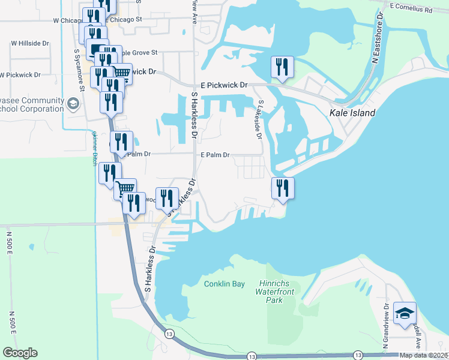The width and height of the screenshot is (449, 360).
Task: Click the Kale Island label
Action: click(352, 113)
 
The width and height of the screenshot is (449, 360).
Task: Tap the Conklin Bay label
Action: click(224, 284)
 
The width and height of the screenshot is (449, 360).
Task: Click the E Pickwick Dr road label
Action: click(224, 86)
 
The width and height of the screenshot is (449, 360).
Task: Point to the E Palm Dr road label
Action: click(215, 155)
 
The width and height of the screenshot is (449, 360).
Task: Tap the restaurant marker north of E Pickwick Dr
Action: click(282, 67)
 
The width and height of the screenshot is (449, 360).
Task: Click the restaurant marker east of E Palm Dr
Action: click(282, 188)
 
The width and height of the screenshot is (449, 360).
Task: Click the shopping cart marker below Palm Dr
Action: click(125, 188)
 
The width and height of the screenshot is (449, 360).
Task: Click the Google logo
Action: click(20, 353)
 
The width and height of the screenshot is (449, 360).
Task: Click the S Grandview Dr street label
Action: click(386, 318)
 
